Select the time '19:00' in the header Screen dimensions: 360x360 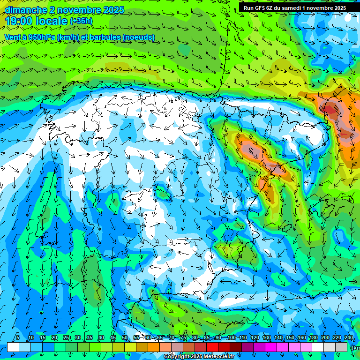(x=19, y=21)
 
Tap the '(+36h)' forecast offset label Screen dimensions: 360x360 (x=81, y=21)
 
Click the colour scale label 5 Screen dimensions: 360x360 (x=17, y=337)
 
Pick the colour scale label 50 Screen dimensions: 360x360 (x=125, y=337)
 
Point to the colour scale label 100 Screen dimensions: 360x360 (x=231, y=337)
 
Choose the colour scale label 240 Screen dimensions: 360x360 (x=348, y=337)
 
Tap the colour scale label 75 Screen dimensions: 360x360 (x=183, y=337)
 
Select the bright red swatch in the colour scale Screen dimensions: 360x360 (x=212, y=347)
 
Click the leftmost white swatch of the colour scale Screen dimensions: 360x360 (x=13, y=347)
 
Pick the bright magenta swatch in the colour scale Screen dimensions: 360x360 (x=271, y=347)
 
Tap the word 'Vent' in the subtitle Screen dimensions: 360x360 (x=13, y=37)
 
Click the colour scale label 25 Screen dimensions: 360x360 (x=66, y=337)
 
